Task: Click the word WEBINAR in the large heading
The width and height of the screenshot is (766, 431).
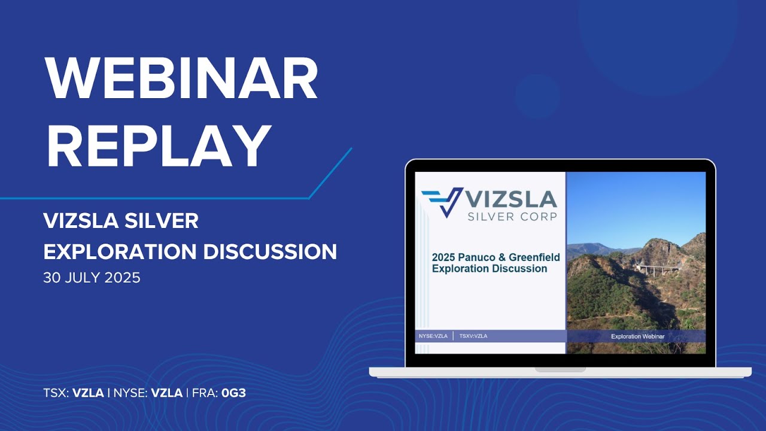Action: click(181, 78)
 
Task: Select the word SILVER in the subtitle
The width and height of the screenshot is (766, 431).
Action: click(162, 221)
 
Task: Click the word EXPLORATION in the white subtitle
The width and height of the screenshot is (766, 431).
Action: click(120, 252)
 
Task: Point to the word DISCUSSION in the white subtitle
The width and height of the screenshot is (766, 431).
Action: click(270, 252)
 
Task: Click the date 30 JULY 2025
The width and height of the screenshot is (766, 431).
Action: click(92, 277)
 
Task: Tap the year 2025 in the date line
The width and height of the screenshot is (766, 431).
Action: click(122, 277)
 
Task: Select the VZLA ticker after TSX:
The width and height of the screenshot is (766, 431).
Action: click(88, 393)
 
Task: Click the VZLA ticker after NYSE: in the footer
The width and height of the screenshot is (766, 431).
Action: click(166, 393)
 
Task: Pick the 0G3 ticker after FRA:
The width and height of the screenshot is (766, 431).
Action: click(233, 393)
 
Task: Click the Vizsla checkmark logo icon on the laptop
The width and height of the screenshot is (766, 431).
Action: click(442, 202)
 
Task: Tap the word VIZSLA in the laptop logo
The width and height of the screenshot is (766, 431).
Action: click(511, 199)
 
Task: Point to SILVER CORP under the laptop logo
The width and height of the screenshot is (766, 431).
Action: click(512, 217)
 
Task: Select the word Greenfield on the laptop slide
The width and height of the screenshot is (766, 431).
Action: click(534, 257)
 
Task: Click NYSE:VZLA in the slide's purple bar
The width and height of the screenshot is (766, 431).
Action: click(433, 336)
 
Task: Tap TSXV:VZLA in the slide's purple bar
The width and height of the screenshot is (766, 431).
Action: click(473, 336)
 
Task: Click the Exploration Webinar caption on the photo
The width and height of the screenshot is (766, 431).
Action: click(638, 336)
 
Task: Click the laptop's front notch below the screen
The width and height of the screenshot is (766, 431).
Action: click(560, 370)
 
